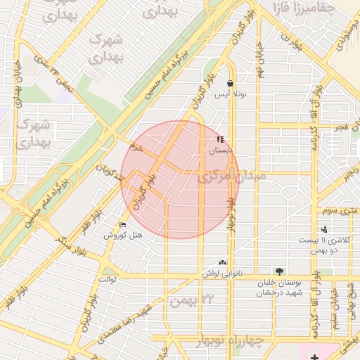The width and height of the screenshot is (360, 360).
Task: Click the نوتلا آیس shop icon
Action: (x=230, y=83)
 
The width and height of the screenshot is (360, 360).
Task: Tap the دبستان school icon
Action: (x=220, y=139)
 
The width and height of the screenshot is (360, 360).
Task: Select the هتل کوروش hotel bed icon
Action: (x=123, y=225)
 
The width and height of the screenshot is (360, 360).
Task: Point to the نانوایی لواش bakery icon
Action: (x=223, y=262)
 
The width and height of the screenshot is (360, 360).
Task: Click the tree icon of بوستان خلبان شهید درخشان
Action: (x=280, y=271)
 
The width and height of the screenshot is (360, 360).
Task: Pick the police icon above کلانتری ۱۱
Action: (x=324, y=229)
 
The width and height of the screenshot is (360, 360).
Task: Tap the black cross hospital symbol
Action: (x=314, y=357)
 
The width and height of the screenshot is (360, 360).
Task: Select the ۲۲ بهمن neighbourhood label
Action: (x=191, y=300)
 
